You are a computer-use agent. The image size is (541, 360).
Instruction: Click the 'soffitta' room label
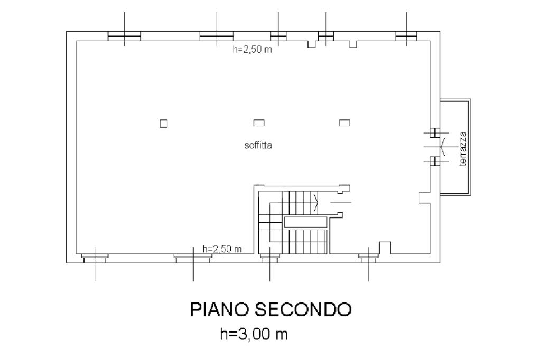click(x=258, y=145)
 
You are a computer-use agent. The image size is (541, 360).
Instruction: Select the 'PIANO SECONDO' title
click(x=270, y=310)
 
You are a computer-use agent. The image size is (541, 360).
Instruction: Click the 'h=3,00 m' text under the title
click(x=254, y=334)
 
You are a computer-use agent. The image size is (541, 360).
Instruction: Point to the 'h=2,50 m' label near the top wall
click(x=252, y=50)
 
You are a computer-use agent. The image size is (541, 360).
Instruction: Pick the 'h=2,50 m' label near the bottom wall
click(x=222, y=249)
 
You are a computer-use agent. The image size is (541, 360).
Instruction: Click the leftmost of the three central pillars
click(x=164, y=123)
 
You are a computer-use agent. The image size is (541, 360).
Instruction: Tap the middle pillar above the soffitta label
click(x=259, y=122)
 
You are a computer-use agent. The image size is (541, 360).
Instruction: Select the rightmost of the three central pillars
click(x=344, y=122)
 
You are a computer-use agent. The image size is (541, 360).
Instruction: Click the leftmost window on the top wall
click(x=124, y=36)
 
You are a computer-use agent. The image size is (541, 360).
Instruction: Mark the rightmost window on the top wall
click(x=406, y=36)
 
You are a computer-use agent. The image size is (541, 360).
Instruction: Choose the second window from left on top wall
click(x=217, y=36)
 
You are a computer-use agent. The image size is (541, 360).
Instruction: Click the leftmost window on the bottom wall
click(x=95, y=258)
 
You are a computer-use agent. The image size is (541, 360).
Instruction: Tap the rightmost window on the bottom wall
click(x=368, y=258)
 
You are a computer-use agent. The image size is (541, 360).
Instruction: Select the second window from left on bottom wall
click(x=193, y=258)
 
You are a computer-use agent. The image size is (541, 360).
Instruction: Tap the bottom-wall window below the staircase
click(x=270, y=258)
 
